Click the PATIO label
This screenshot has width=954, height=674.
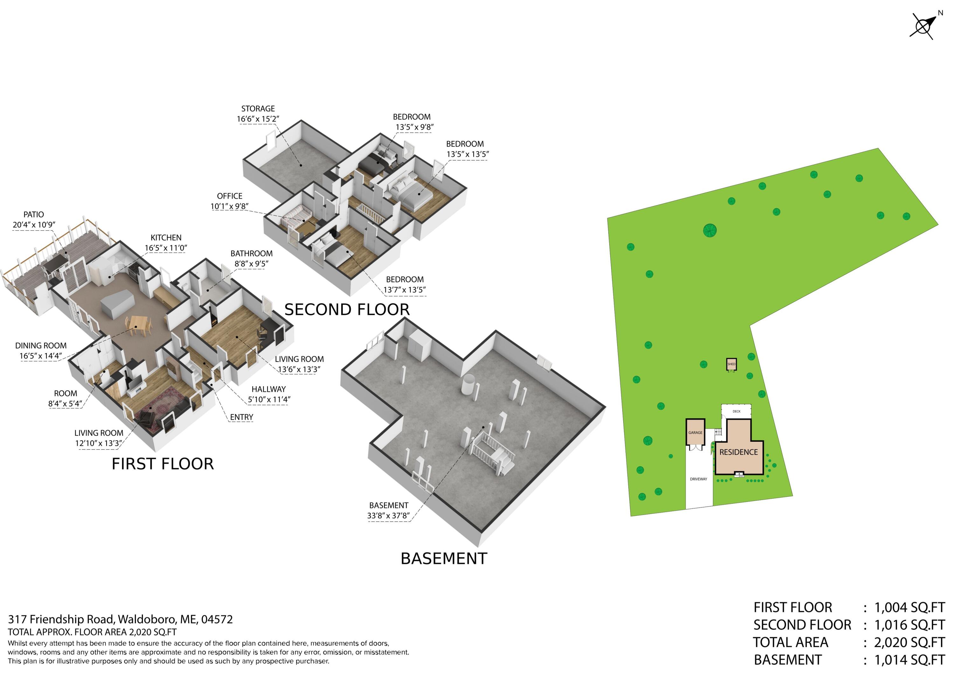[x=34, y=214]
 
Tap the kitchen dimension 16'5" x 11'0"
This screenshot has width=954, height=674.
[x=166, y=248]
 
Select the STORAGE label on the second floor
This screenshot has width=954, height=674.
[x=258, y=108]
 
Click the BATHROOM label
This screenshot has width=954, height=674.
[x=252, y=254]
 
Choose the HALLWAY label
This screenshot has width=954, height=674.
[x=268, y=389]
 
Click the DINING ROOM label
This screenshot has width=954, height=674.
[x=41, y=346]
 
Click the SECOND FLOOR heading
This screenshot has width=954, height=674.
[x=347, y=309]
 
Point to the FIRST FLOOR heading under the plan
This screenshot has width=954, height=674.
[x=163, y=464]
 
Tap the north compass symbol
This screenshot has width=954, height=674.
[x=923, y=26]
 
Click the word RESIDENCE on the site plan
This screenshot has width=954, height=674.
[x=738, y=452]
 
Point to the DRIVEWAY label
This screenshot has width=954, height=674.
[x=698, y=479]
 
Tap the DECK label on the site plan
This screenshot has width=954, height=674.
[x=736, y=411]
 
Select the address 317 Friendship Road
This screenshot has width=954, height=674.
[x=61, y=620]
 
